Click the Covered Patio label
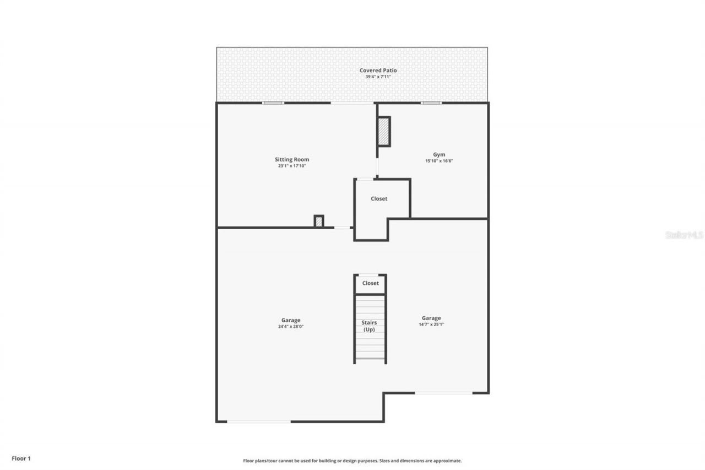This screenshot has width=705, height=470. pos(378,71)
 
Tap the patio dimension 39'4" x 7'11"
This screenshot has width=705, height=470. pos(378,77)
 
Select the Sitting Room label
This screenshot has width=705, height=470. pos(292,160)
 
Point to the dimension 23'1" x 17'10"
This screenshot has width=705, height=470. pos(292,166)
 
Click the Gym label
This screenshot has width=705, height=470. pos(439,155)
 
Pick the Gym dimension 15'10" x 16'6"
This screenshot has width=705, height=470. pos(439,161)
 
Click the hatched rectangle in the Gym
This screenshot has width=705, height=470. pos(384,131)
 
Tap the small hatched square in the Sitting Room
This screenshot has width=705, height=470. pos(318,221)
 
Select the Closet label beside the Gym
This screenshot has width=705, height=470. pos(379,199)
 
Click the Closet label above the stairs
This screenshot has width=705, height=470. pos(370,283)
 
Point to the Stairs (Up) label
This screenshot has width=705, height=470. pos(369,326)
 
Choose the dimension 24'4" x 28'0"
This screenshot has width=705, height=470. pos(291,327)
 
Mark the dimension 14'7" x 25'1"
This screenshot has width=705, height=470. pos(431,325)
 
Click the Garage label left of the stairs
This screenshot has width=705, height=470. pos(291,320)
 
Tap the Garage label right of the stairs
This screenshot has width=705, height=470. pos(431,318)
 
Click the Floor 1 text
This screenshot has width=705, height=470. pos(21,458)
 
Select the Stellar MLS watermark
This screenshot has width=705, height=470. pos(684,235)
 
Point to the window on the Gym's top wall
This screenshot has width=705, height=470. pos(431,103)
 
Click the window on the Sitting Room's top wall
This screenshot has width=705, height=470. pos(273,103)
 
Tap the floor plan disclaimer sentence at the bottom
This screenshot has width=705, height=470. pos(352,461)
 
